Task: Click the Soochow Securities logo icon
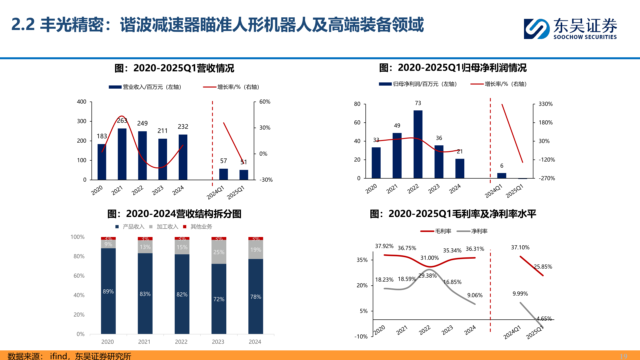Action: (536, 29)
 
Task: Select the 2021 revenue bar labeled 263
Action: (122, 154)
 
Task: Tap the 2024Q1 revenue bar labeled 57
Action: (223, 174)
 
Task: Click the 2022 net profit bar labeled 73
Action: (418, 144)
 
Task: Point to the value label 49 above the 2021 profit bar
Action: (397, 126)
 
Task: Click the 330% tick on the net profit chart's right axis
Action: (545, 104)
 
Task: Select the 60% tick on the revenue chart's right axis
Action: (265, 102)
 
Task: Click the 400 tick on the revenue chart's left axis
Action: (82, 102)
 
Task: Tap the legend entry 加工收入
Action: (167, 227)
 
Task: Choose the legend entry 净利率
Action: (479, 231)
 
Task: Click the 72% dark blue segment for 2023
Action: (219, 299)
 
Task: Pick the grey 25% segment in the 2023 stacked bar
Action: (219, 252)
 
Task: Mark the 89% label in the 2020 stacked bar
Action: (108, 291)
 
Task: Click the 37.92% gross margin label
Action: (384, 246)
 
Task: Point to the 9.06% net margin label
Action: (475, 295)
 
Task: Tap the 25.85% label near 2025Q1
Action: (543, 267)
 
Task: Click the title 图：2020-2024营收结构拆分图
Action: (174, 214)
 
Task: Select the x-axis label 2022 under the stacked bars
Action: (181, 342)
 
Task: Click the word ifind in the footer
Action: (58, 356)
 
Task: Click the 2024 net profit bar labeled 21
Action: (460, 168)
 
